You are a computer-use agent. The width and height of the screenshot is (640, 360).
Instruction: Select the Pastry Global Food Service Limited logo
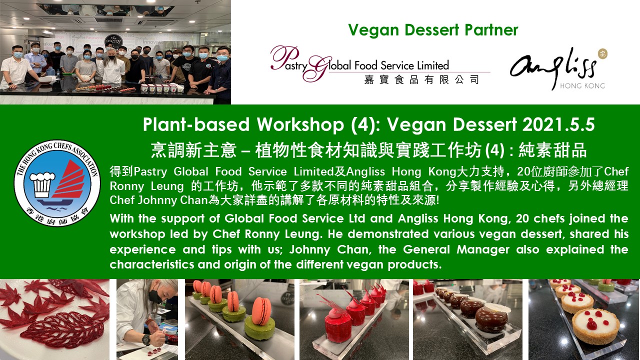click(x=380, y=65)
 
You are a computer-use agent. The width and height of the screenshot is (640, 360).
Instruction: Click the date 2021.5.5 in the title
click(x=558, y=124)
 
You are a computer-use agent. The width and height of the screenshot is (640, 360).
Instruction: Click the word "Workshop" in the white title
click(x=300, y=125)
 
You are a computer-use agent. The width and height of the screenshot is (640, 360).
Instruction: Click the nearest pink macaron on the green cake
click(x=261, y=311)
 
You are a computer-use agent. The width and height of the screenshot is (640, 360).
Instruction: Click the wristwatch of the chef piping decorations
click(x=146, y=339)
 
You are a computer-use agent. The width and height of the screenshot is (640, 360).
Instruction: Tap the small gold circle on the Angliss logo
click(x=602, y=53)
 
